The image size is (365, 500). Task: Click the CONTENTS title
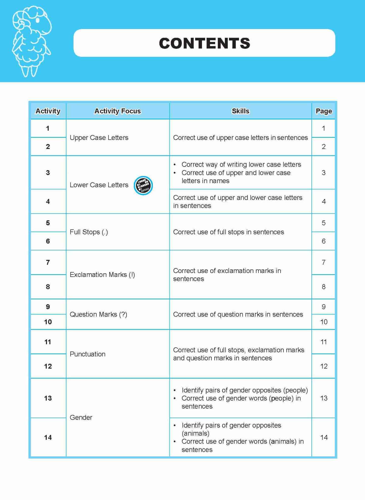point(204,43)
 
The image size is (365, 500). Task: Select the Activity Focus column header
point(117,111)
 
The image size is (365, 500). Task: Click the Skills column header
point(240,111)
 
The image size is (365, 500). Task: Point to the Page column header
point(324,111)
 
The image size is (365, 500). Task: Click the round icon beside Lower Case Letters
point(143,185)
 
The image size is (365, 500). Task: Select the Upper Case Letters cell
point(99,138)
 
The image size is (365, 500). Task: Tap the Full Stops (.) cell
point(89,232)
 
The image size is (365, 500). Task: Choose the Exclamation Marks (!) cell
point(102,275)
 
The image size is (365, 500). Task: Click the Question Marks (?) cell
point(98,315)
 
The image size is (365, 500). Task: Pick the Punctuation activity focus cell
point(87,354)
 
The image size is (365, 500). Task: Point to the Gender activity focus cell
point(81,418)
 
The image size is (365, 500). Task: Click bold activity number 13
point(48,398)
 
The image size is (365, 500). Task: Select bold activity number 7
point(48,262)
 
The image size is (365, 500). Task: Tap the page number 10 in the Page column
point(324,322)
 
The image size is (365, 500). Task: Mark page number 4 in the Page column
point(324,202)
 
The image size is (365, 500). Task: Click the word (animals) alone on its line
point(196,433)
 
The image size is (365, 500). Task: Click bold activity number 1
point(48,129)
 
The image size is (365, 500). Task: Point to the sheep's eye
point(38,20)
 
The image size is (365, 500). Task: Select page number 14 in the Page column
point(324,437)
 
